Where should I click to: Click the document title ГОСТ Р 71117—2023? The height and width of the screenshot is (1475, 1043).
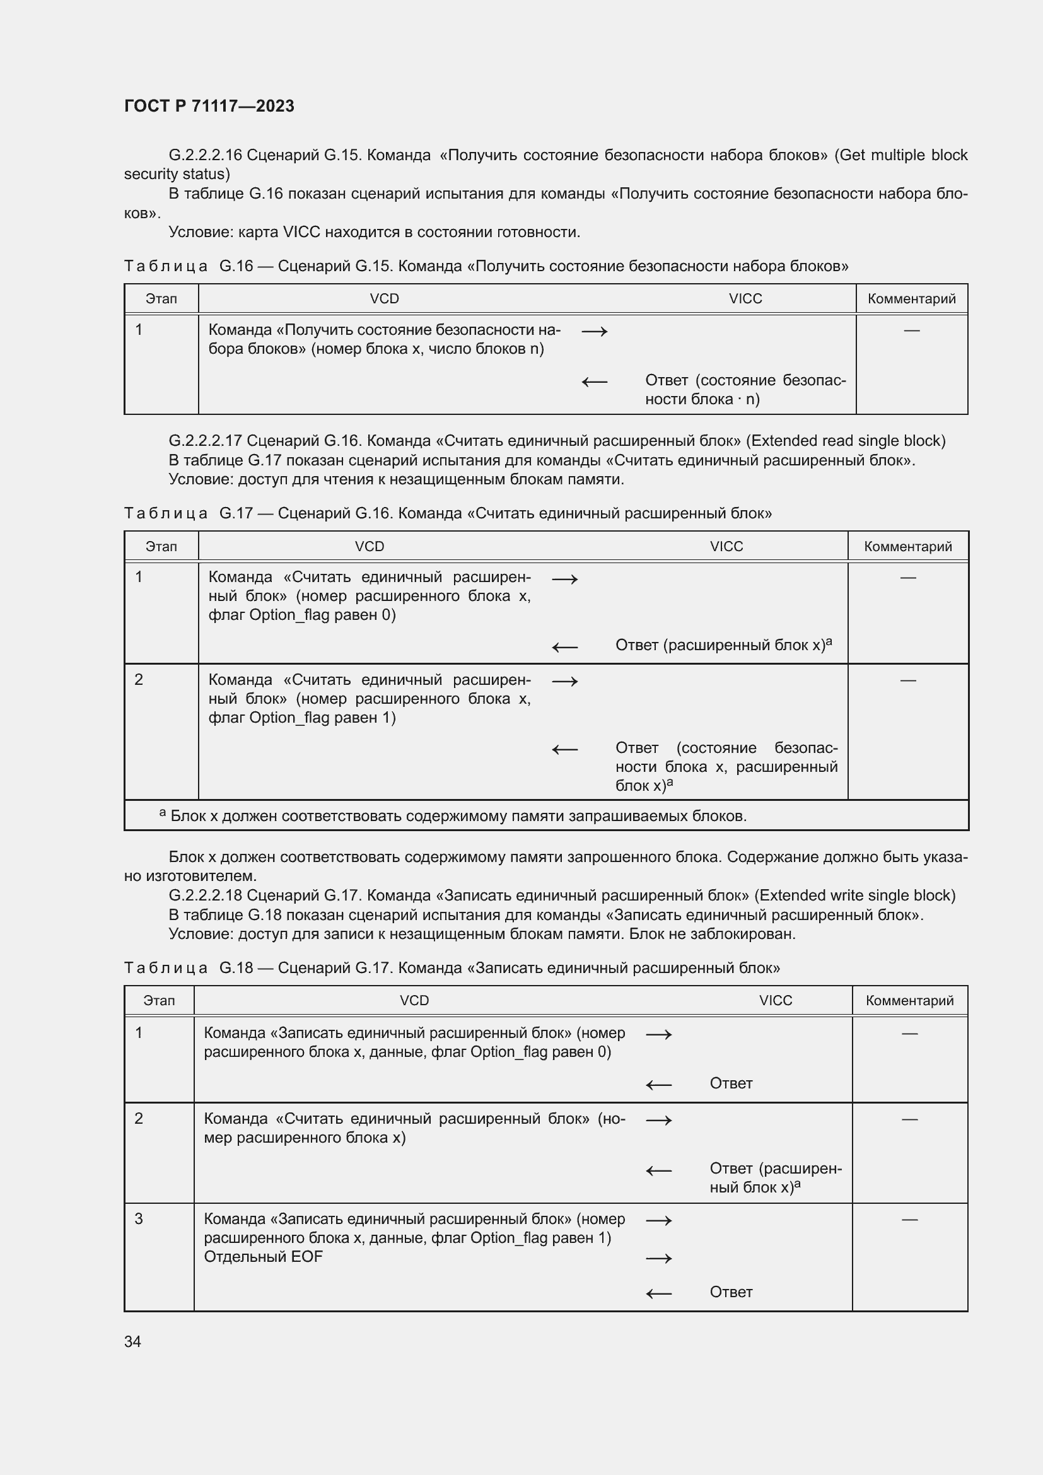209,106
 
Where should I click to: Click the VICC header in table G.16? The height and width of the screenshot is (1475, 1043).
745,299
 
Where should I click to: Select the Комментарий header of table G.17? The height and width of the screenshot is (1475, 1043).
907,547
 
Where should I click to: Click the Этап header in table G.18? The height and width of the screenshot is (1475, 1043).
160,1001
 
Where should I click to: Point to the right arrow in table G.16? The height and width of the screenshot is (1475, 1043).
594,332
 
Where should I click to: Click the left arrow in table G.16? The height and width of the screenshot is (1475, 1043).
594,382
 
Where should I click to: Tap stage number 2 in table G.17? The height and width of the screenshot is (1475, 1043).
139,680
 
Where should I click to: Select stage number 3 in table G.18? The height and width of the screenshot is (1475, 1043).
139,1220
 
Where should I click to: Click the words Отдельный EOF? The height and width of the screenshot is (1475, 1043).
263,1257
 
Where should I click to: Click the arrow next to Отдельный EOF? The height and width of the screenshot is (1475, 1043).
658,1259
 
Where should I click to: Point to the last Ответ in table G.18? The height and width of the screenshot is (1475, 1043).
731,1292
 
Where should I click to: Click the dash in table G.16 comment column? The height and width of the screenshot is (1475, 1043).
911,330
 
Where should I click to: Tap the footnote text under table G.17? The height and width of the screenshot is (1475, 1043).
457,817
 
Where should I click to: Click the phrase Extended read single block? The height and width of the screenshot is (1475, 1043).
846,441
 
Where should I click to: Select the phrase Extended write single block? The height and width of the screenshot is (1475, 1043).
854,895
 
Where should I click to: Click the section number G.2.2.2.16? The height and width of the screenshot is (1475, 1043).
205,156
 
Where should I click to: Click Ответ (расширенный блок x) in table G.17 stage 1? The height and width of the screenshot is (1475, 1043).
723,645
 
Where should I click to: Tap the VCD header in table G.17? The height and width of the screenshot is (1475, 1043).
370,547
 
